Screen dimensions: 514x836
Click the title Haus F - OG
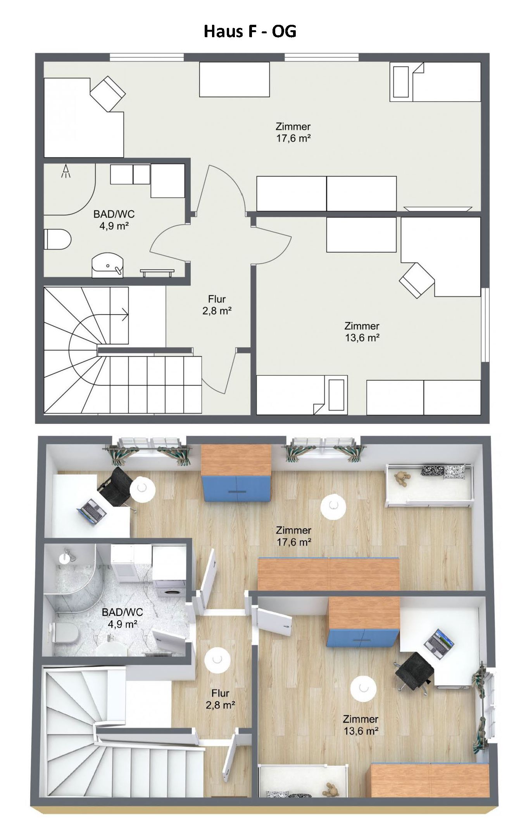click(250, 31)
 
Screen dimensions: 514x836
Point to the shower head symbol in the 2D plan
click(66, 171)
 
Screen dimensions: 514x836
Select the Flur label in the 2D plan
click(217, 299)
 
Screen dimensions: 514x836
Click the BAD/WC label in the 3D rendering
click(122, 612)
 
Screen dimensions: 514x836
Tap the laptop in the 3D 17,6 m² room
click(92, 511)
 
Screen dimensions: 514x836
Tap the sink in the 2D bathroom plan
click(107, 265)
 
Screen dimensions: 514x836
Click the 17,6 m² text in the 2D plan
click(293, 138)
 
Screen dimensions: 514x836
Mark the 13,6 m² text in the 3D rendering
click(360, 731)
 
